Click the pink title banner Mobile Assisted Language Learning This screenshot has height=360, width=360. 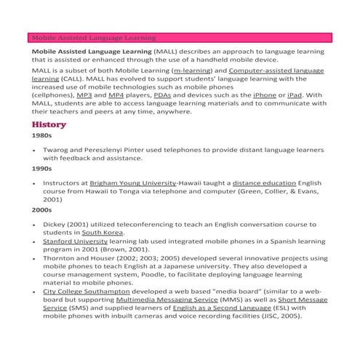(182, 37)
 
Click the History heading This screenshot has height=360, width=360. (49, 124)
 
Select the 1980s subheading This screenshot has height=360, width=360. (41, 135)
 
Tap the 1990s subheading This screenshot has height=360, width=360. (41, 169)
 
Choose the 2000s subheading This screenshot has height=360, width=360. (41, 210)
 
